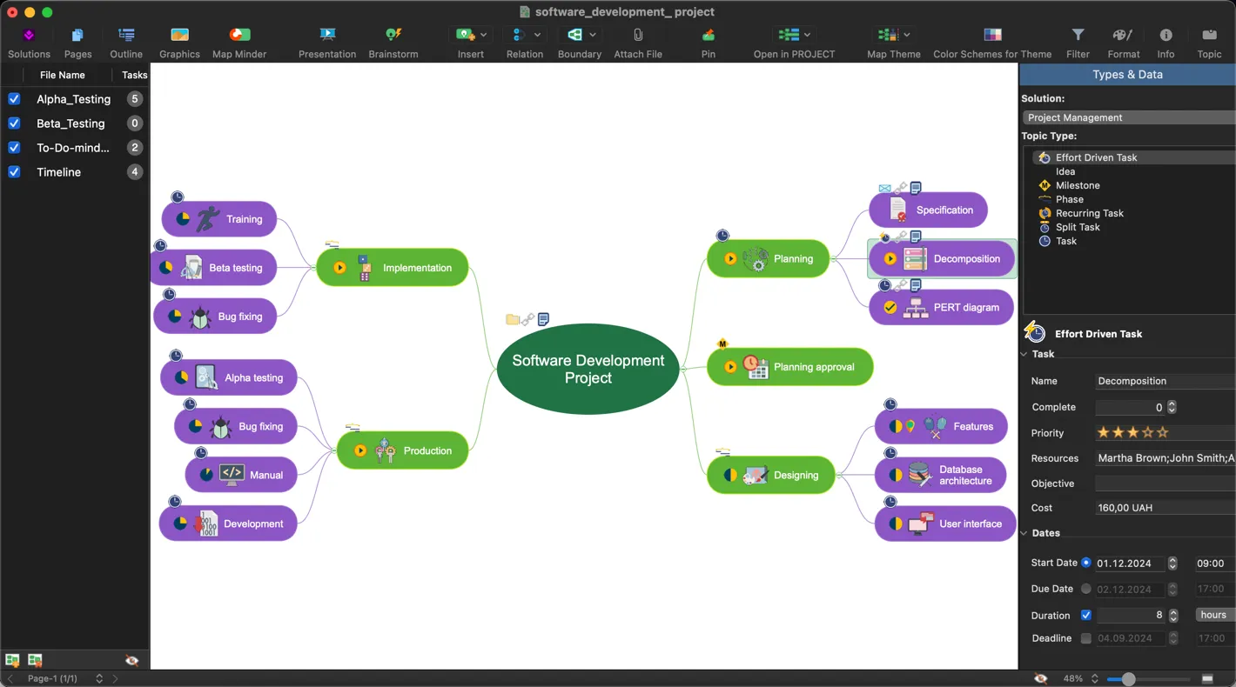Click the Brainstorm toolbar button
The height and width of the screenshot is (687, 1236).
pyautogui.click(x=393, y=42)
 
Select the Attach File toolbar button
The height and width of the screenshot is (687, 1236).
pyautogui.click(x=638, y=42)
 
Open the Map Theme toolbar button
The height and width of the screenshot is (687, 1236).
pyautogui.click(x=893, y=42)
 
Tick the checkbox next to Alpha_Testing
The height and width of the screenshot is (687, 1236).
pyautogui.click(x=14, y=99)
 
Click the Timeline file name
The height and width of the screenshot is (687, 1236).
pyautogui.click(x=58, y=172)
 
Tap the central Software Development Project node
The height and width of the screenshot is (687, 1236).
pyautogui.click(x=588, y=370)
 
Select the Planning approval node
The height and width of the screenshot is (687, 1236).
pyautogui.click(x=789, y=367)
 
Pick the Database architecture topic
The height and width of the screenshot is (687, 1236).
pyautogui.click(x=941, y=475)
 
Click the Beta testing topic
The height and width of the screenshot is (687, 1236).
pyautogui.click(x=214, y=268)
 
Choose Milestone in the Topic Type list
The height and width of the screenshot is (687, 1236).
pyautogui.click(x=1078, y=185)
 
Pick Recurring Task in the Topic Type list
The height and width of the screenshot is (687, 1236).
pyautogui.click(x=1089, y=213)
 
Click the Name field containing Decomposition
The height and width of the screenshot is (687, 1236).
pyautogui.click(x=1163, y=381)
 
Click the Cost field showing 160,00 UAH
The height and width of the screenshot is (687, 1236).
pyautogui.click(x=1163, y=508)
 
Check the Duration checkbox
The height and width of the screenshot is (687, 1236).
pyautogui.click(x=1085, y=616)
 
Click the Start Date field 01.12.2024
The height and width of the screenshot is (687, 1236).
pyautogui.click(x=1129, y=564)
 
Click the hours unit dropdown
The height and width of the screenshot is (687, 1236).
pyautogui.click(x=1213, y=615)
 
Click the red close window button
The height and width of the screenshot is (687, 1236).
pyautogui.click(x=12, y=12)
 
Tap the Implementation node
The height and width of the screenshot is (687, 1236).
pyautogui.click(x=393, y=268)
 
